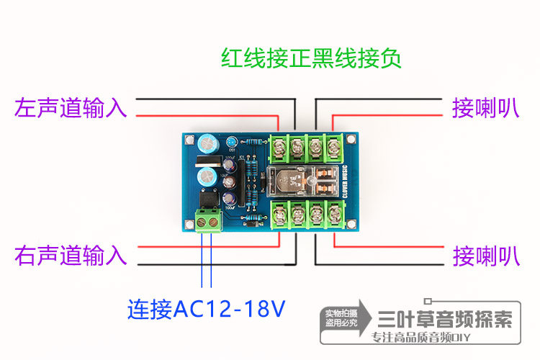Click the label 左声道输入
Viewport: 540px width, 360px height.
click(x=71, y=108)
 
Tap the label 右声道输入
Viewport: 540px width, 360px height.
click(x=71, y=255)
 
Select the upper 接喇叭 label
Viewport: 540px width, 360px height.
click(x=485, y=108)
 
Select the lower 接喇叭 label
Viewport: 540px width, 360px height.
click(x=485, y=255)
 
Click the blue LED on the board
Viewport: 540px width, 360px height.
click(x=233, y=142)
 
